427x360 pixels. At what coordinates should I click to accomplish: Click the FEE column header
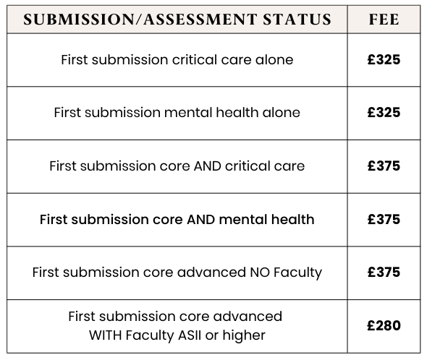[383, 20]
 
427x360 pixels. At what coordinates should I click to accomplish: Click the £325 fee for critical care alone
[383, 59]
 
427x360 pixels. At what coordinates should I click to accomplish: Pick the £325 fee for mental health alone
[383, 113]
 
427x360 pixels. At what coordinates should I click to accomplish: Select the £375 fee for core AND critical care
[383, 166]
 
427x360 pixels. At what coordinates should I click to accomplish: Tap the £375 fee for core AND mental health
[383, 219]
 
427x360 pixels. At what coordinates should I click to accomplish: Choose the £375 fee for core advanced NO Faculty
[383, 273]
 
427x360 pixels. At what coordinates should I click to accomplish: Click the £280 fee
[383, 325]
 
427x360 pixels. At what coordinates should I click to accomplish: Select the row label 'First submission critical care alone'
[177, 59]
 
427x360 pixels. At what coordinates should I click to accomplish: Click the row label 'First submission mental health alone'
[177, 113]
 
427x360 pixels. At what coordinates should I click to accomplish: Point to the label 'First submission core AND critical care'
[177, 166]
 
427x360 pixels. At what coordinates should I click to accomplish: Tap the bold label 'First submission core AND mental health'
[177, 219]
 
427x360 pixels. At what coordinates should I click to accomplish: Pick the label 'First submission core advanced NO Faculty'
[177, 273]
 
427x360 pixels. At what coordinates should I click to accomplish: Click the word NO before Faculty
[259, 273]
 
